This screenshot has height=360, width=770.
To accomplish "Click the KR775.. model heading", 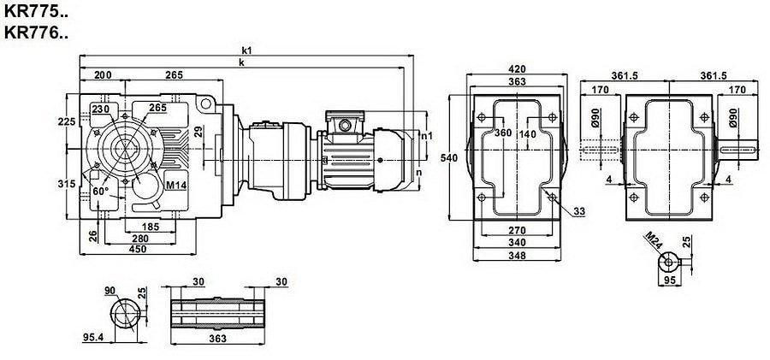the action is point(35,12).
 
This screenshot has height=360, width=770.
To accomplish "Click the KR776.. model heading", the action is point(35,32).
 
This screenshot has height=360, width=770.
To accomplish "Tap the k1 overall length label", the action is point(246,50).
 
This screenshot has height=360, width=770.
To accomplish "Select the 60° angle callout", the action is point(100,191).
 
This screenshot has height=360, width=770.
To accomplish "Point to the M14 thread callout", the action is point(175,186).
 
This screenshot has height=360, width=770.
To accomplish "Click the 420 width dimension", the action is point(517,68).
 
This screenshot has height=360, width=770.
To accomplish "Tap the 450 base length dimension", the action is point(138,249).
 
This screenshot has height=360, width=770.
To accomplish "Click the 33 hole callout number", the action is point(579,212).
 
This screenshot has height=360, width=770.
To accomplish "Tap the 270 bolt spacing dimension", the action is point(517,230).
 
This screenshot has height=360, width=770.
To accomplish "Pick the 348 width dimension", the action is point(517,256).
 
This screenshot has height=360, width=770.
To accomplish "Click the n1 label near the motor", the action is point(427,136).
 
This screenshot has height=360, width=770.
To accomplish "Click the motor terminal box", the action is point(345,121).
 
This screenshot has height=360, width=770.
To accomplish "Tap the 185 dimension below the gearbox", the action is point(151,227).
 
